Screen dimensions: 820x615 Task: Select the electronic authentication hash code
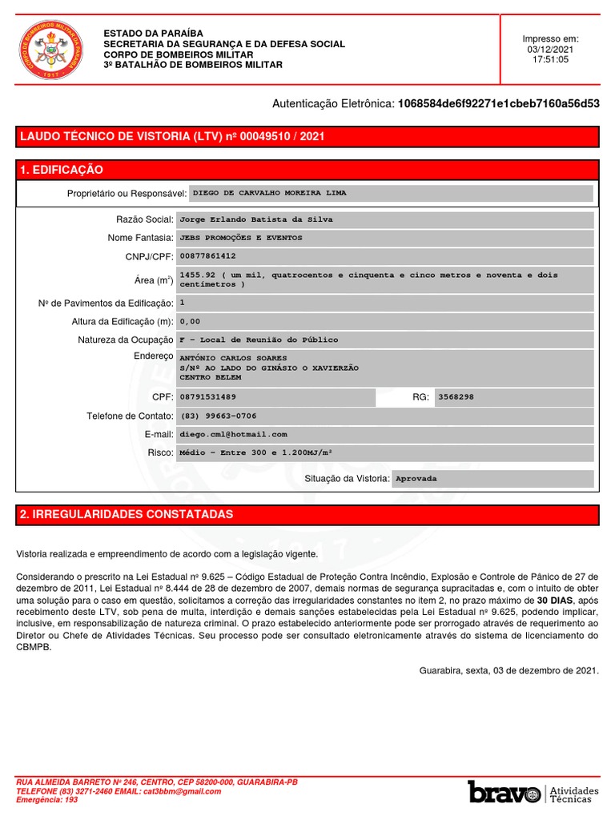(498, 103)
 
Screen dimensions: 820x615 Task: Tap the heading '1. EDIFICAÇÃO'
(62, 170)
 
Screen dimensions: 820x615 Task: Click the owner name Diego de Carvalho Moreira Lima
(271, 193)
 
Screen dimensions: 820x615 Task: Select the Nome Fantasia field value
(241, 238)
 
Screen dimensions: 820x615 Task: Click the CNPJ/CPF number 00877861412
(208, 256)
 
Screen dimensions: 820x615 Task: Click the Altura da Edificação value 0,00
(190, 321)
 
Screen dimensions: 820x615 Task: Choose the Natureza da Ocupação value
(259, 340)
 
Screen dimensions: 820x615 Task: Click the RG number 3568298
(457, 396)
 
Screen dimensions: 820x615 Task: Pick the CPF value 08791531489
(208, 396)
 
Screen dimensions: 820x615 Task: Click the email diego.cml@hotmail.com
(233, 434)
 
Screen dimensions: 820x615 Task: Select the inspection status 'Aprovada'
(417, 478)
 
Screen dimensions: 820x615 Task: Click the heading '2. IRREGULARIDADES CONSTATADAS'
(126, 513)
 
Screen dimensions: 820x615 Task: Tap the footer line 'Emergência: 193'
(47, 799)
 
